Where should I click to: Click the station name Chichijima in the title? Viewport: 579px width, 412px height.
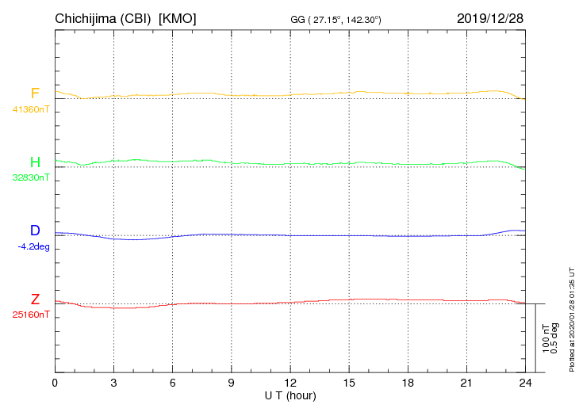(x=88, y=18)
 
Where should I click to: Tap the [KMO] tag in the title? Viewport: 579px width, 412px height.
(x=178, y=18)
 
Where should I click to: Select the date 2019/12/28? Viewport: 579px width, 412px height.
(x=489, y=18)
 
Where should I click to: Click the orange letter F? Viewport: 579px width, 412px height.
(x=35, y=93)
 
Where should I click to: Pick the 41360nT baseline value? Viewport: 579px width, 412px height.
(x=31, y=109)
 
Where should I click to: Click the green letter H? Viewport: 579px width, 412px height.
(x=35, y=162)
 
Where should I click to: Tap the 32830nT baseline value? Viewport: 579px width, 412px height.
(x=31, y=177)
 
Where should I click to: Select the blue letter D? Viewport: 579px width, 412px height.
(x=35, y=231)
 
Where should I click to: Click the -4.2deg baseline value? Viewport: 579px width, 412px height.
(x=33, y=246)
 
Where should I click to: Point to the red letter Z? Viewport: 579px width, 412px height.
(x=35, y=299)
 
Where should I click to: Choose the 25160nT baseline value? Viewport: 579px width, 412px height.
(x=31, y=315)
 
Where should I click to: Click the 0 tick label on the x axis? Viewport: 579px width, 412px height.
(x=55, y=383)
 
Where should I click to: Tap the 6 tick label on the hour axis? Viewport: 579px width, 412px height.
(x=172, y=383)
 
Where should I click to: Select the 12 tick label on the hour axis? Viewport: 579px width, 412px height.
(x=290, y=383)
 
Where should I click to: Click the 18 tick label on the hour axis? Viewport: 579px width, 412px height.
(x=408, y=383)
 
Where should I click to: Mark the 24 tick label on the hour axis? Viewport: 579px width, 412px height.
(x=525, y=383)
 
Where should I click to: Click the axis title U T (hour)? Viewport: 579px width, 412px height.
(x=290, y=395)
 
